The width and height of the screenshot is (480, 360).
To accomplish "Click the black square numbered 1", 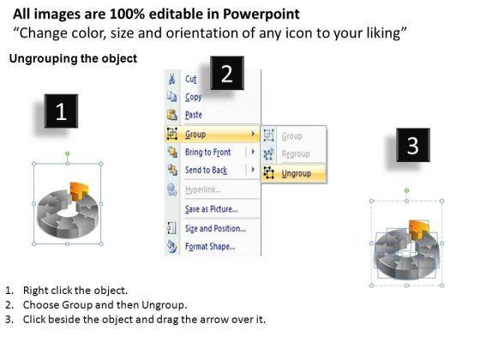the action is pos(61,111).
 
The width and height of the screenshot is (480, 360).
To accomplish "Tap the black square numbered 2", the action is pos(227,73).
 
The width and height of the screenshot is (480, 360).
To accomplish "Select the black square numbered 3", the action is pos(413,145).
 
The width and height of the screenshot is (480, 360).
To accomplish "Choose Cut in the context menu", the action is pos(190,79).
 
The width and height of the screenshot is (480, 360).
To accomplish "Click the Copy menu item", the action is pos(193,97).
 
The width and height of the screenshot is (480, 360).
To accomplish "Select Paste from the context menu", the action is pos(194,115).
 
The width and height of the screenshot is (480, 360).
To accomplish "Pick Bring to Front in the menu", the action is pos(207,153).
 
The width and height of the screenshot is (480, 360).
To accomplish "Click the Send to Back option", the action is pos(206,170).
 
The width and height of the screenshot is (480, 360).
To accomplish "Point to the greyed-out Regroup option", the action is pos(296,153).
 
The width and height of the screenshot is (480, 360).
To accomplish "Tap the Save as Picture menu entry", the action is pos(211,209).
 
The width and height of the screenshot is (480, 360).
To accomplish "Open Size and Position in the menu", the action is pos(215,228).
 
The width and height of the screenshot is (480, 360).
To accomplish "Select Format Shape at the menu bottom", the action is pos(210,247).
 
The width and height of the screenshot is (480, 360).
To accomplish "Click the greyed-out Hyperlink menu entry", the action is pos(203,189).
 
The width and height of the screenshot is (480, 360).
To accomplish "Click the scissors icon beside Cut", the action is pos(171,79).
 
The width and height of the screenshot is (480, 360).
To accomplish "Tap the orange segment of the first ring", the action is pos(78,191).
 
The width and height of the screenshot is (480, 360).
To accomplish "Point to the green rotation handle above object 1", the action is pos(68,153).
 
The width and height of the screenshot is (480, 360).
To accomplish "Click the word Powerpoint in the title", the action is pos(261,14).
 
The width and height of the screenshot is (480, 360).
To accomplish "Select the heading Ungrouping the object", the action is pos(73,58).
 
